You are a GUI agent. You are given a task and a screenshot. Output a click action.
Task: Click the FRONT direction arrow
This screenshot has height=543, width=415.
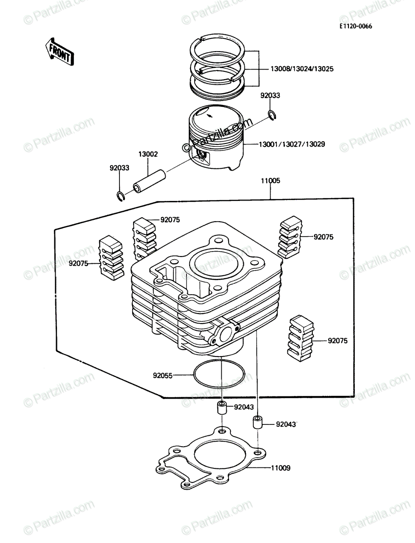(x=60, y=52)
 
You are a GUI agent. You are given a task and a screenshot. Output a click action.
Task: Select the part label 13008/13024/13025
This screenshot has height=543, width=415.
(x=302, y=69)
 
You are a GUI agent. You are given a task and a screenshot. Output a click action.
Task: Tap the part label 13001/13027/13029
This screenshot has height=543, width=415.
(x=292, y=144)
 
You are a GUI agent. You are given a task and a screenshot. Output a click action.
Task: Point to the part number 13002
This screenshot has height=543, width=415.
(x=148, y=154)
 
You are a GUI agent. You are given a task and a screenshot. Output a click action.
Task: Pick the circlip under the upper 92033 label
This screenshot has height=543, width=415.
(x=272, y=115)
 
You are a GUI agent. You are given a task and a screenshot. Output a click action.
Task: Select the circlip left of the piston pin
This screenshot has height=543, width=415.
(x=120, y=196)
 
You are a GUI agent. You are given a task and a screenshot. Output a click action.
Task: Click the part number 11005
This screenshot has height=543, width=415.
(x=271, y=181)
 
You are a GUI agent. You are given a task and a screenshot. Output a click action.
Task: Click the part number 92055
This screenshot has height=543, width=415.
(x=163, y=376)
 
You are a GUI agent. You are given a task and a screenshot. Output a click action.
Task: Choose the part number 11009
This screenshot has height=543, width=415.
(x=281, y=468)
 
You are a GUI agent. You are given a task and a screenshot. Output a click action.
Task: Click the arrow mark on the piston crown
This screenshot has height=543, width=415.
(x=210, y=115)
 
